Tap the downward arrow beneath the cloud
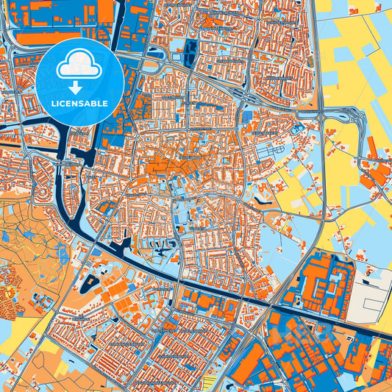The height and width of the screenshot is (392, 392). [x=79, y=87]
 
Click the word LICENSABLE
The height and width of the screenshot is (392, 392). [x=79, y=104]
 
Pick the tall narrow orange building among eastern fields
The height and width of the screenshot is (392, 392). [x=371, y=148]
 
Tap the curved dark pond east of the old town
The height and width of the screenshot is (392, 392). [x=262, y=193]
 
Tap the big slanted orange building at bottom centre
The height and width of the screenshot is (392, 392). [x=250, y=364]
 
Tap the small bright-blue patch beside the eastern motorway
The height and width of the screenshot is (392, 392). [x=299, y=129]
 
